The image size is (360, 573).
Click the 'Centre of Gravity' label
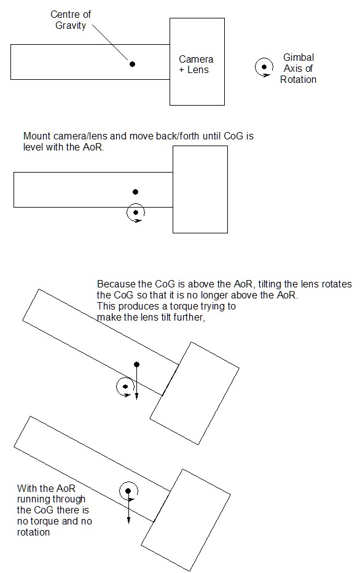point(71,20)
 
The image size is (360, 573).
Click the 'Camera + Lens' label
point(196,64)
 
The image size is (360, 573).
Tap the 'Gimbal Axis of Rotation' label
point(298,68)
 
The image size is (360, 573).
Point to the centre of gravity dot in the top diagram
point(132,64)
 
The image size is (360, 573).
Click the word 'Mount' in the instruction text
point(37,136)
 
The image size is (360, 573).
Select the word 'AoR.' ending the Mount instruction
point(93,147)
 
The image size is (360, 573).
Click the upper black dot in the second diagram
point(136,192)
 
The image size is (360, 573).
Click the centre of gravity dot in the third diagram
point(137,364)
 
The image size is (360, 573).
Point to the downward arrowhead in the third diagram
point(137,396)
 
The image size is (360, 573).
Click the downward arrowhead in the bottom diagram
point(128,520)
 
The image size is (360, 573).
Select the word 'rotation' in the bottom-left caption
point(33,532)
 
